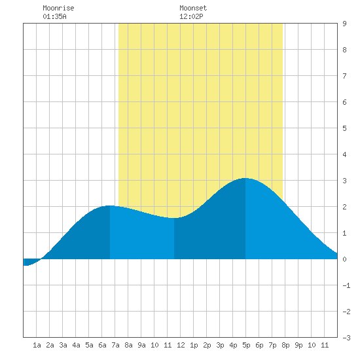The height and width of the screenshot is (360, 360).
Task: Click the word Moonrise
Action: coord(58,8)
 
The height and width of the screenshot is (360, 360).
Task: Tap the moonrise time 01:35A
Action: coord(54,16)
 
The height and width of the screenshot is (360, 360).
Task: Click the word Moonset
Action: coord(193,8)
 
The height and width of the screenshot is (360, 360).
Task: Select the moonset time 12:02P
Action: coord(191,16)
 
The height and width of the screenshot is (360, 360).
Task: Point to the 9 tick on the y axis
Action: coord(344,24)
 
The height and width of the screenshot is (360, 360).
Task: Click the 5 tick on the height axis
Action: coord(344,128)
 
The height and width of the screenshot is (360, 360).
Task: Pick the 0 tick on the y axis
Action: coord(344,259)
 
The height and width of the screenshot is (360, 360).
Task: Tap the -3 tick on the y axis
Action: coord(346,338)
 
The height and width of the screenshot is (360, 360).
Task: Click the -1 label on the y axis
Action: coord(346,285)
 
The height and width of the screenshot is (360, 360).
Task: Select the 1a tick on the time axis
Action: coord(37,345)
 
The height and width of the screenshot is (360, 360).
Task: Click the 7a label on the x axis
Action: coord(115,345)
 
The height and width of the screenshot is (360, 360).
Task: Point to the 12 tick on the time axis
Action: coord(181,345)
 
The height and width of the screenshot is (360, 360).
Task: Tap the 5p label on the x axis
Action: coord(246,345)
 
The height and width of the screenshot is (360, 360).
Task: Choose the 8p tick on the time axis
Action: coord(285,345)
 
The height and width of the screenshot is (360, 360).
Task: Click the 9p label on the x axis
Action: coord(298,345)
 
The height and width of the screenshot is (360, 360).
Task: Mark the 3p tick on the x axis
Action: coord(220,345)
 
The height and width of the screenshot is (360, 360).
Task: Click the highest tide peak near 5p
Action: coord(245,178)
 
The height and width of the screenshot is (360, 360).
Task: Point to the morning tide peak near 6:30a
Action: coord(109,206)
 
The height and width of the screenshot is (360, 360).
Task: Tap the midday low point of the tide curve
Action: coord(174,218)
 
